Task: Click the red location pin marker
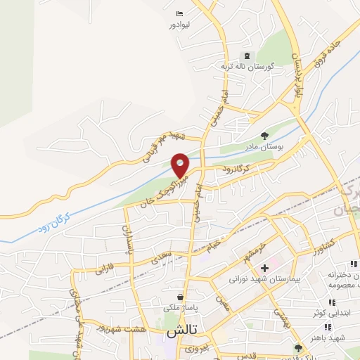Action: (181, 165)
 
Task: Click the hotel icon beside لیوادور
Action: (181, 13)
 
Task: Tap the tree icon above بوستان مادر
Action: (264, 136)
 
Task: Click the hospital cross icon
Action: (264, 268)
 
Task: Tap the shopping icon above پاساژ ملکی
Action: (182, 297)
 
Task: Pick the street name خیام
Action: (224, 243)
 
